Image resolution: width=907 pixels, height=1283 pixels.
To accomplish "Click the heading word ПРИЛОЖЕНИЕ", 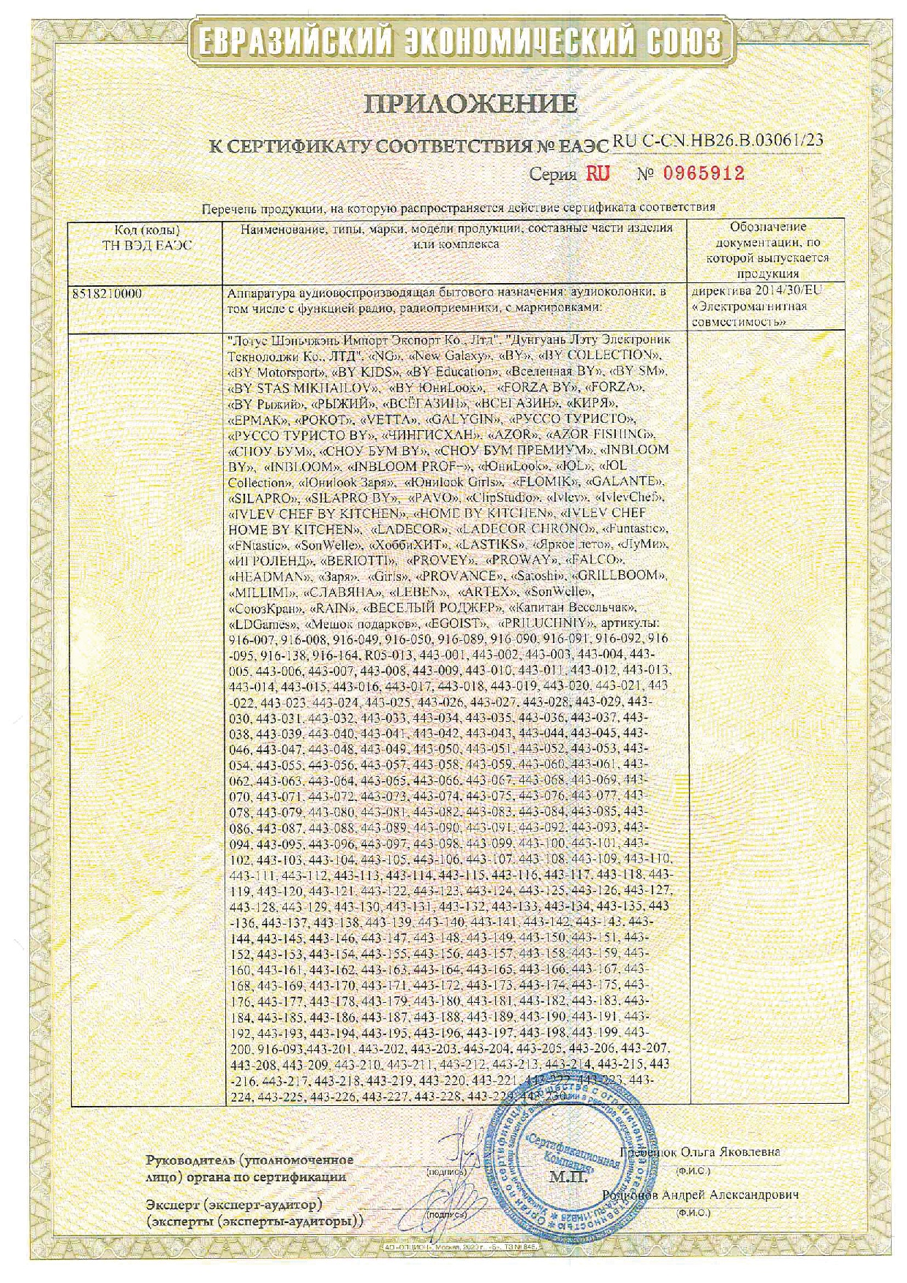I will tap(471, 104).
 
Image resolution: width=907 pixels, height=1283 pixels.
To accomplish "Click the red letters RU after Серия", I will tap(597, 173).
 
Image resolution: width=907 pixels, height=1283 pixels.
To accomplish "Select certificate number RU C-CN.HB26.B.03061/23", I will tap(718, 141).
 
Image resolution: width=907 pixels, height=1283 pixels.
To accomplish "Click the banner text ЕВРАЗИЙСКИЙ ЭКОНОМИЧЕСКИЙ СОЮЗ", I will tap(454, 42).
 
